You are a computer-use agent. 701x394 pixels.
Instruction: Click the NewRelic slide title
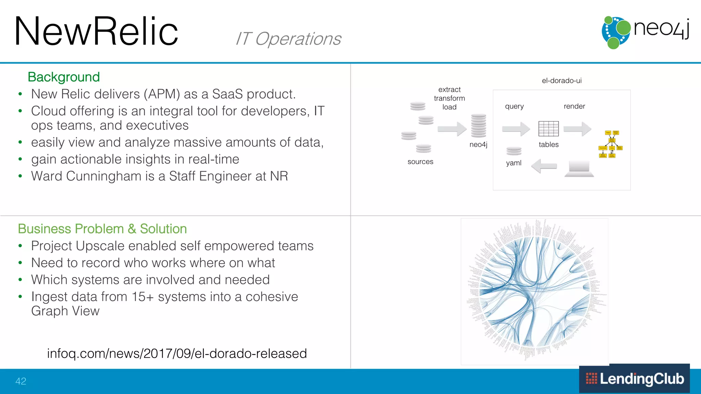click(96, 31)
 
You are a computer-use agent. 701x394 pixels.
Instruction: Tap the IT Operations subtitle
click(288, 39)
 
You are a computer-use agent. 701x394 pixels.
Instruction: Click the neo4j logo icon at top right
click(615, 32)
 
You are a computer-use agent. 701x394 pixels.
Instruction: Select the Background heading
click(64, 77)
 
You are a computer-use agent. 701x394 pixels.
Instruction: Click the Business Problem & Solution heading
click(102, 229)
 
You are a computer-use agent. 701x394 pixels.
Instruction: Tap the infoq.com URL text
click(177, 353)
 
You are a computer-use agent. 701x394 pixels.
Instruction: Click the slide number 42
click(21, 381)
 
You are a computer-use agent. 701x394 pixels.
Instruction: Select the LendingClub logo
click(634, 379)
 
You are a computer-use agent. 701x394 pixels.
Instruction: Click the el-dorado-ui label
click(561, 81)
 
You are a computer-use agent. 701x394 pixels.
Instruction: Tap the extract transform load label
click(449, 98)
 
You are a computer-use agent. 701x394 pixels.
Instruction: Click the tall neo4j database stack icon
click(478, 126)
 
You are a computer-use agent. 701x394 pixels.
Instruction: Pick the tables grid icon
click(548, 129)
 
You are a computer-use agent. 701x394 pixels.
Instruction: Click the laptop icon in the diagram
click(579, 169)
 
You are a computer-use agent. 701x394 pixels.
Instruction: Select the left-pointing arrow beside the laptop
click(544, 166)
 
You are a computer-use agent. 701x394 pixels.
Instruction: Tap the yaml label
click(513, 163)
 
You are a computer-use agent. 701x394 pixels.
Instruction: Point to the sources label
click(420, 162)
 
